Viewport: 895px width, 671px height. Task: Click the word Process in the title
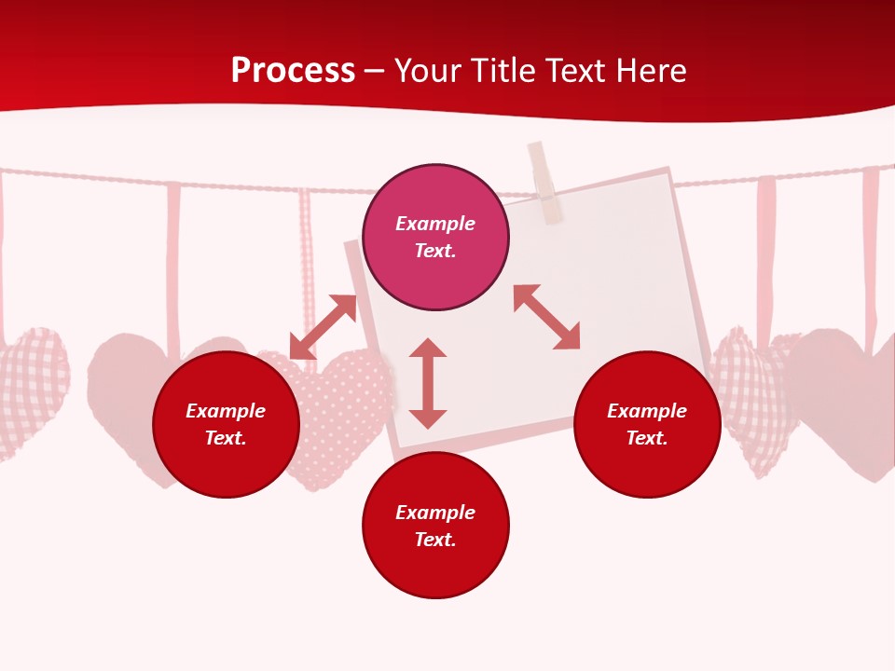pyautogui.click(x=293, y=71)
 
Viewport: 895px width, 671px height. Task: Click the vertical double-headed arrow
pyautogui.click(x=428, y=383)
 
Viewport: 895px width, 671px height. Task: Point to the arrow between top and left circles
pyautogui.click(x=323, y=326)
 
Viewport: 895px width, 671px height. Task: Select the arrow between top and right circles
pyautogui.click(x=546, y=317)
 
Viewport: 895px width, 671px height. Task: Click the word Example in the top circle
pyautogui.click(x=435, y=224)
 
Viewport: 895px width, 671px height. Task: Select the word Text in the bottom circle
pyautogui.click(x=435, y=540)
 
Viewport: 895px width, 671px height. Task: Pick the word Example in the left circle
pyautogui.click(x=226, y=411)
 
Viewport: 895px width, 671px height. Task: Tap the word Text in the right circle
pyautogui.click(x=647, y=438)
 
